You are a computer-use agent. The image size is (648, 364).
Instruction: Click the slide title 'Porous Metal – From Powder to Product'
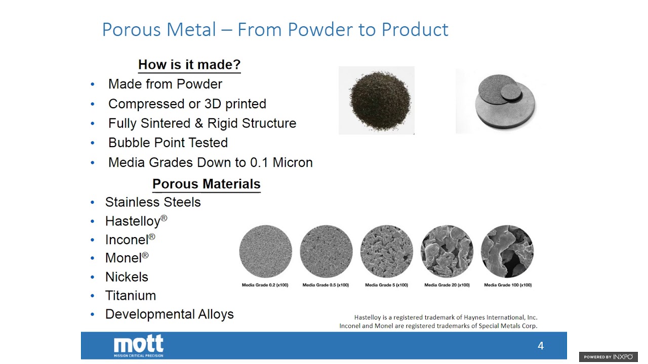pyautogui.click(x=275, y=29)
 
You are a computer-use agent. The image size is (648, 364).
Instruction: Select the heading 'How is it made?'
pyautogui.click(x=189, y=65)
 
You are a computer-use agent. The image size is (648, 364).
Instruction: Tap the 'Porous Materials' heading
pyautogui.click(x=206, y=184)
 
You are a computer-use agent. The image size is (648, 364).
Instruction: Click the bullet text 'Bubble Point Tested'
pyautogui.click(x=168, y=143)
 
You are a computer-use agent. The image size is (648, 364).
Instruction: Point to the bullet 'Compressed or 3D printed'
pyautogui.click(x=187, y=104)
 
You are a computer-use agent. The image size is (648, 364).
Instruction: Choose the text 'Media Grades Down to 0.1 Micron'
pyautogui.click(x=210, y=162)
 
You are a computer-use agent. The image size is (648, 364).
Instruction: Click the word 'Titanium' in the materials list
pyautogui.click(x=130, y=295)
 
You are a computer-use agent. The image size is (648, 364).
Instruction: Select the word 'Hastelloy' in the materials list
pyautogui.click(x=133, y=221)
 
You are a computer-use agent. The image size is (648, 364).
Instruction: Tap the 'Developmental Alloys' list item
pyautogui.click(x=169, y=314)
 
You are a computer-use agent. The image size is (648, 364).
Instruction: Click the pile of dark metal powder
pyautogui.click(x=376, y=100)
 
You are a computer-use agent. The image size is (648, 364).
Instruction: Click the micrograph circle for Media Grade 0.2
pyautogui.click(x=265, y=251)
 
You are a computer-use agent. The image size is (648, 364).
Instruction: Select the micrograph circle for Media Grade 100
pyautogui.click(x=507, y=251)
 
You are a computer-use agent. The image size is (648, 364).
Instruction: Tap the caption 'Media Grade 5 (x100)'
pyautogui.click(x=386, y=285)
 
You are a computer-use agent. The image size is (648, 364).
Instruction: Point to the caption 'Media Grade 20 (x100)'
pyautogui.click(x=447, y=285)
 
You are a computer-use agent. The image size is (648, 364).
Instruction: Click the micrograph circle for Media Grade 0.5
pyautogui.click(x=326, y=251)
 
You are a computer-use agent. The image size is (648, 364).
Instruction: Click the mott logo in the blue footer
pyautogui.click(x=138, y=346)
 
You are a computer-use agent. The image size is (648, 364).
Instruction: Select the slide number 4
pyautogui.click(x=540, y=346)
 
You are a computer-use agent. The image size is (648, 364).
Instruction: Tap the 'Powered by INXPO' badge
pyautogui.click(x=608, y=357)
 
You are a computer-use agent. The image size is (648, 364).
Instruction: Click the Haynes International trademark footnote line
pyautogui.click(x=445, y=317)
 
